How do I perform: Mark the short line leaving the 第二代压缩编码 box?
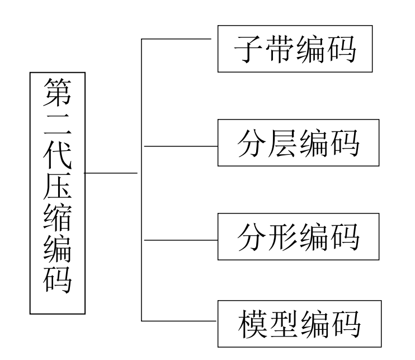[111, 173]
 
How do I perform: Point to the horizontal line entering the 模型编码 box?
[179, 321]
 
